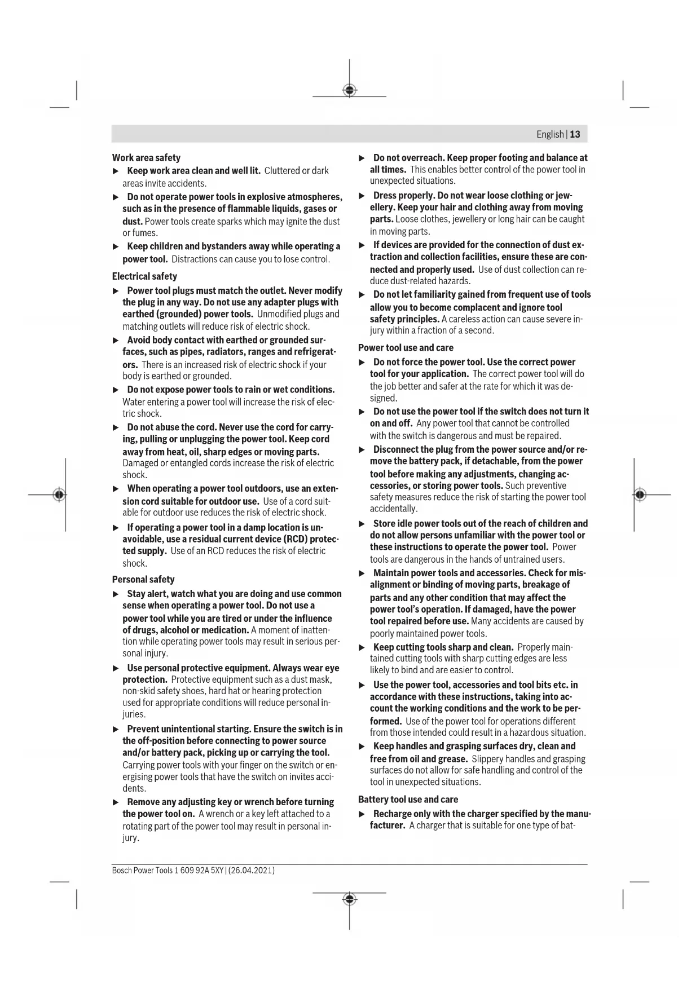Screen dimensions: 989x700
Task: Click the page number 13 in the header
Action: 575,134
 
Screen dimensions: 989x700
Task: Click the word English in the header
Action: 550,134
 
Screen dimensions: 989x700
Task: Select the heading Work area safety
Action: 146,158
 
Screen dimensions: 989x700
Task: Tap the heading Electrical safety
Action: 144,276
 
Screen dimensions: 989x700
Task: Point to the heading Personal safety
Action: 143,580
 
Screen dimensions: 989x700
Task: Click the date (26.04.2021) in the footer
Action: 252,871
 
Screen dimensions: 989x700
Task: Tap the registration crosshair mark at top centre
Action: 350,90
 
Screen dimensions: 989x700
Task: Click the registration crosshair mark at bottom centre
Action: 350,899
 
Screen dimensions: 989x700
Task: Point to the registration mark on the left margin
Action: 59,495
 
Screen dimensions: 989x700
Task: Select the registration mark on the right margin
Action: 639,495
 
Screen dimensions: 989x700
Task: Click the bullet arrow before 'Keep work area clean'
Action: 116,171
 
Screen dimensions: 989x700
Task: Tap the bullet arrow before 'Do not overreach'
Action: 362,158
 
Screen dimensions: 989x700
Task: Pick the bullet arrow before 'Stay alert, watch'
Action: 116,594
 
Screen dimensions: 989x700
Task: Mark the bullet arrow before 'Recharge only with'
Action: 362,814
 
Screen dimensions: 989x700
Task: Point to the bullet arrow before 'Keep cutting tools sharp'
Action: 362,648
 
